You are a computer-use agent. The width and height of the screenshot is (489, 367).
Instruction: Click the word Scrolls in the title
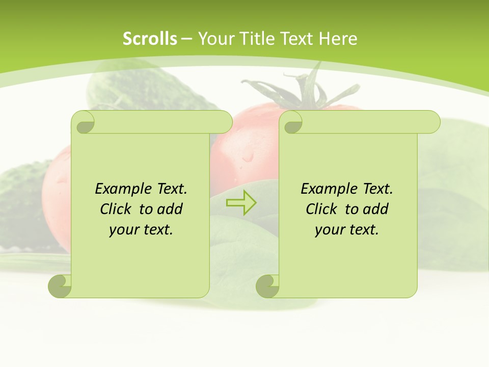[x=150, y=39]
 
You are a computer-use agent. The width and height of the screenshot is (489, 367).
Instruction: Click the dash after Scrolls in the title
[x=187, y=39]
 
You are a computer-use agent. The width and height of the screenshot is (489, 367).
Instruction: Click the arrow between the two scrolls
[x=241, y=203]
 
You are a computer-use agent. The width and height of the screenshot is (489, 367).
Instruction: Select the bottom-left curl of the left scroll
[x=60, y=286]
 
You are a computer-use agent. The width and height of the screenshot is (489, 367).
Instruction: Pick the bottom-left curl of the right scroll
[x=267, y=286]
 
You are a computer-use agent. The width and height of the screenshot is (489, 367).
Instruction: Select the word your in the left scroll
[x=123, y=230]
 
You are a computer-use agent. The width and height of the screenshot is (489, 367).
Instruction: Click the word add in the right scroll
[x=375, y=209]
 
